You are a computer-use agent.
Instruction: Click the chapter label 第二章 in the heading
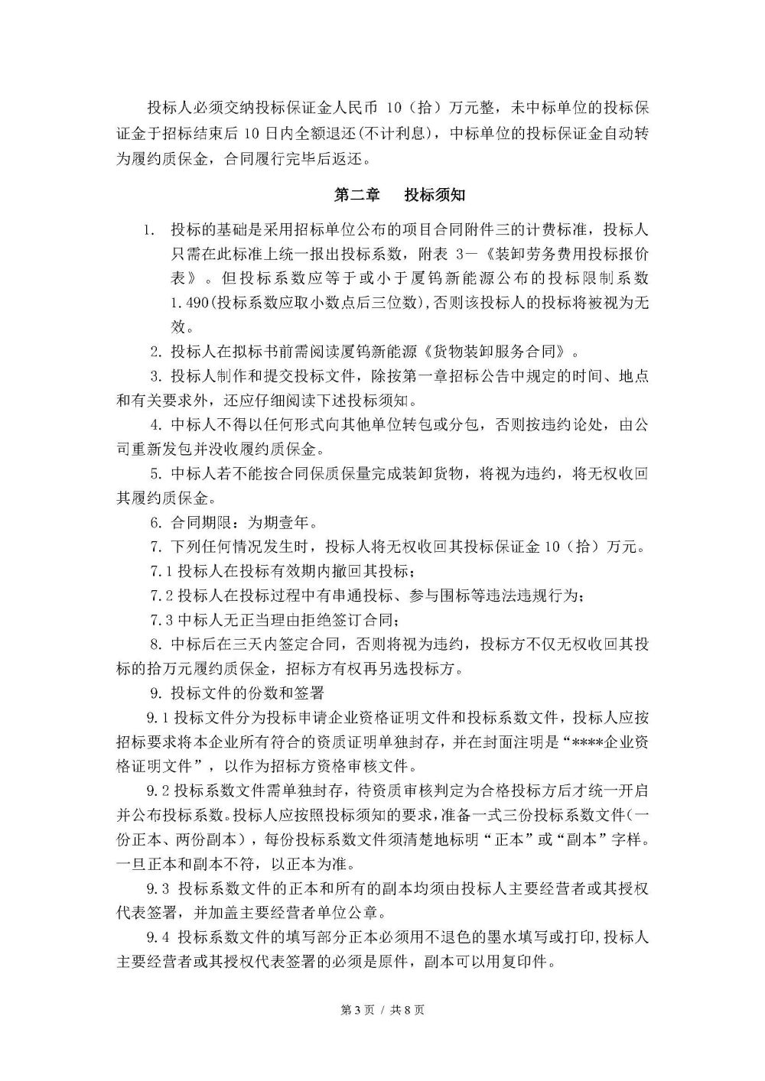[357, 195]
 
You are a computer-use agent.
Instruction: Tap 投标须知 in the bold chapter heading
[435, 195]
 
